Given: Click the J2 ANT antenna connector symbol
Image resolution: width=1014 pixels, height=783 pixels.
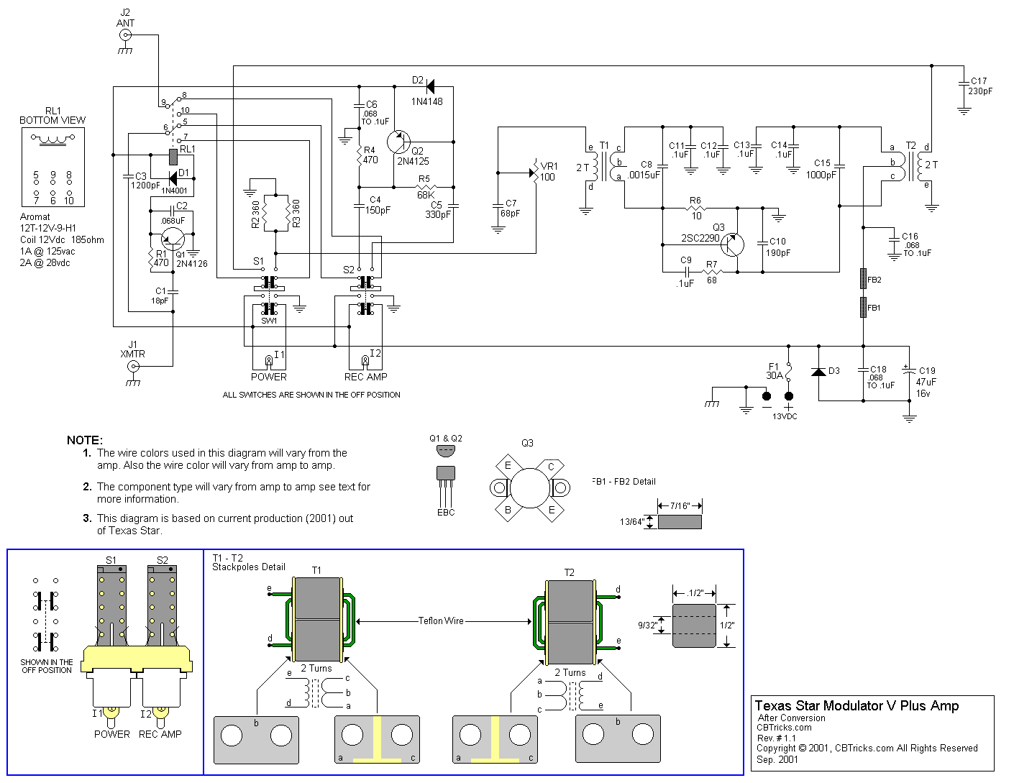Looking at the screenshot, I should (x=125, y=35).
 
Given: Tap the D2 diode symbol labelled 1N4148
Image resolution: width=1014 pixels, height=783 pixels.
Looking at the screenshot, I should (x=430, y=87).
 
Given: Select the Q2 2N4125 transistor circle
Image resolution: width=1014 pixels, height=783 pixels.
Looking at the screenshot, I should (x=398, y=142).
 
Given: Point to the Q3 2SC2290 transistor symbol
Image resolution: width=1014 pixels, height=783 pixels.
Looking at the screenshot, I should (x=732, y=244).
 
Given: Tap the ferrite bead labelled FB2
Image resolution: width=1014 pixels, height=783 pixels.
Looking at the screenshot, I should (x=863, y=279).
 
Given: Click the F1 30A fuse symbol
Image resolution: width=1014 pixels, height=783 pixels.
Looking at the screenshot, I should (x=788, y=372).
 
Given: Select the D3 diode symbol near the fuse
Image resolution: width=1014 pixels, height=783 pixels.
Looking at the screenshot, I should (x=818, y=372).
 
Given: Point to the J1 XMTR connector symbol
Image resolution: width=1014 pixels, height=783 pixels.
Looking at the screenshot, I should (x=133, y=367).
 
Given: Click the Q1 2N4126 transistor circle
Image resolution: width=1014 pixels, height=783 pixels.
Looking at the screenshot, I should (x=173, y=239).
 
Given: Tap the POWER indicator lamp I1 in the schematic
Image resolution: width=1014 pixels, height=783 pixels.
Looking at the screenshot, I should (x=269, y=360).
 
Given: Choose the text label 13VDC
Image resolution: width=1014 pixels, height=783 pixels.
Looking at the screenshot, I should (x=785, y=416).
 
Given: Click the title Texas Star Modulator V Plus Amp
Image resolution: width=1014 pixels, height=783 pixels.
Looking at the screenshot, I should (x=857, y=706).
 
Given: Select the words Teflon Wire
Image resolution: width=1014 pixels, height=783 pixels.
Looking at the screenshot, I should (x=441, y=621).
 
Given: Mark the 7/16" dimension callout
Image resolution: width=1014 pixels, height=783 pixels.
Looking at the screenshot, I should (x=680, y=506).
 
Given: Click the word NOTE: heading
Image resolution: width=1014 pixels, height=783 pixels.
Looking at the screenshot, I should (x=85, y=440).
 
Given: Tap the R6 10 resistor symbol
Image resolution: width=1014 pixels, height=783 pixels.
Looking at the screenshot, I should (x=695, y=209).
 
